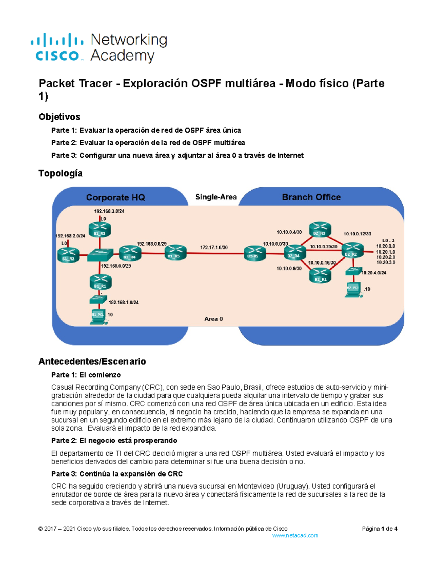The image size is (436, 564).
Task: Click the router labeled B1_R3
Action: tap(100, 230)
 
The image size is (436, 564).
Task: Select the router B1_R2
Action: tap(68, 255)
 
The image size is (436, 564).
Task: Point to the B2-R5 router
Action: tap(254, 253)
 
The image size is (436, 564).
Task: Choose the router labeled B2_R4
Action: tap(295, 252)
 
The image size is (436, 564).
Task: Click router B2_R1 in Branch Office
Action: tap(320, 275)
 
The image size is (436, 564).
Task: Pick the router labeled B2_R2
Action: tap(352, 250)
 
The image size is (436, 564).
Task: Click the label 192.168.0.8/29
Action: tap(151, 244)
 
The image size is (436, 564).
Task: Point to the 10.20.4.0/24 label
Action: tap(374, 272)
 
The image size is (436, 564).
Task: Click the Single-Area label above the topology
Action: tap(216, 197)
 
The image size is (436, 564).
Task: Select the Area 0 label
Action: tap(213, 319)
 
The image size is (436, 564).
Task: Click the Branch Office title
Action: tap(311, 197)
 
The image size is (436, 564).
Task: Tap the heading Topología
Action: tap(60, 173)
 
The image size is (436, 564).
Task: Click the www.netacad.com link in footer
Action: tap(295, 535)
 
